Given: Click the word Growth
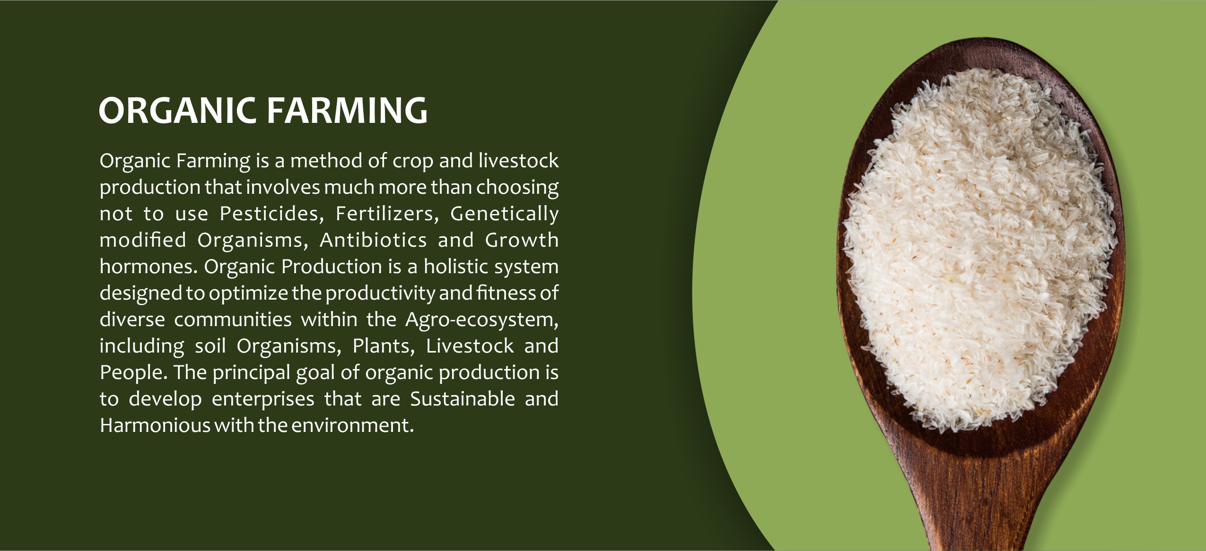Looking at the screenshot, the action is click(522, 240).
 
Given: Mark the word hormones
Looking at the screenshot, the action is click(148, 267).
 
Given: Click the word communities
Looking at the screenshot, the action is click(233, 319).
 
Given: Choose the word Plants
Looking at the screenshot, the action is click(384, 346).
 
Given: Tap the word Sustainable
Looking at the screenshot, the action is click(463, 399).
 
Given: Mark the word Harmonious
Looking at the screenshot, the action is click(155, 425).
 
